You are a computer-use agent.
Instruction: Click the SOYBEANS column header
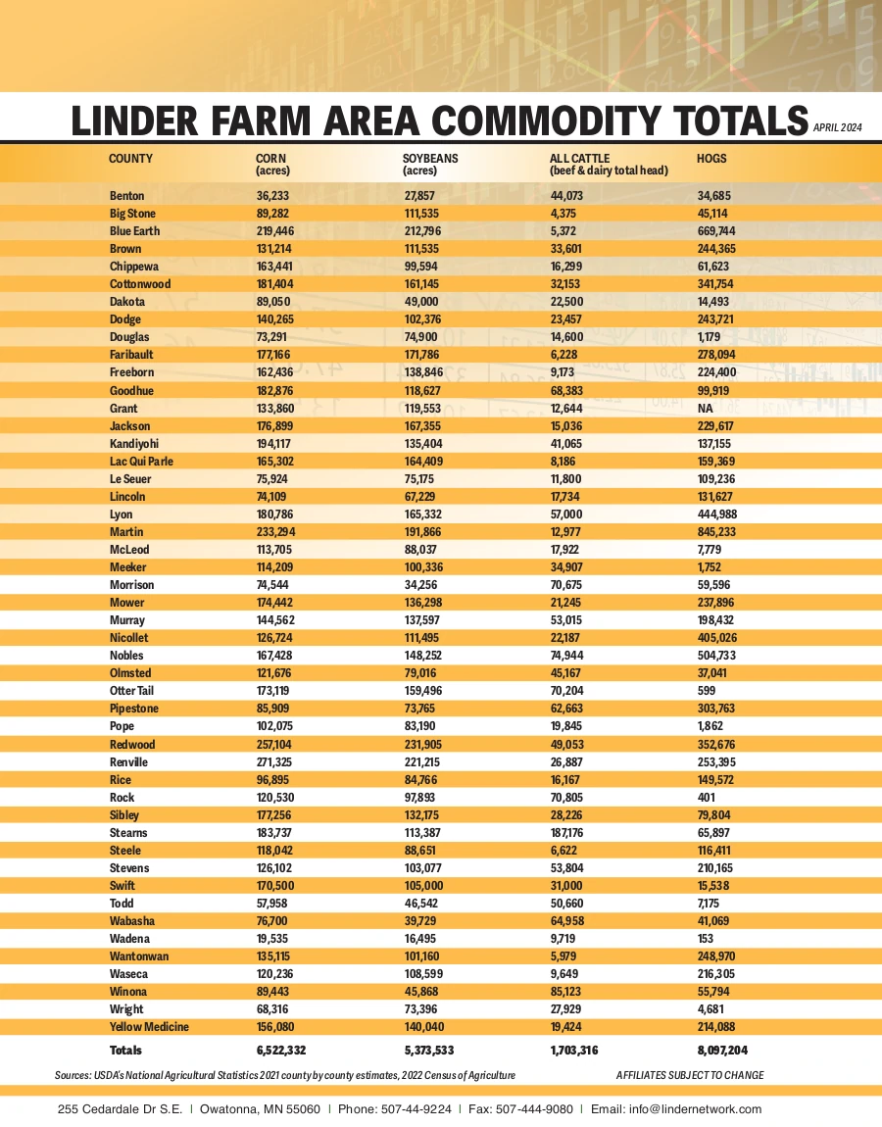(430, 158)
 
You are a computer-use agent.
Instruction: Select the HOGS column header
(711, 158)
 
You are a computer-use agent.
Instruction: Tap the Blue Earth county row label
(134, 231)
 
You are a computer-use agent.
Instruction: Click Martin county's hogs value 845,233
(719, 532)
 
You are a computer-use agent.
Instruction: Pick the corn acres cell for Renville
(276, 762)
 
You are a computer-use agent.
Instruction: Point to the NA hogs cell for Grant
(706, 409)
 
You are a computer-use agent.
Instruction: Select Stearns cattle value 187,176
(573, 833)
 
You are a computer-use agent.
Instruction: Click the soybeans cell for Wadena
(422, 939)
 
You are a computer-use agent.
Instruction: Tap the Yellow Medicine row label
(149, 1027)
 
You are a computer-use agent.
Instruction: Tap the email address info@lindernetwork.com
(697, 1109)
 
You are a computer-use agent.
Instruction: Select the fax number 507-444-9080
(535, 1109)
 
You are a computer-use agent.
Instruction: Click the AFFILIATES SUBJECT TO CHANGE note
(690, 1075)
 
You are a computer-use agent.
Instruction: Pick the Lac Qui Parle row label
(141, 462)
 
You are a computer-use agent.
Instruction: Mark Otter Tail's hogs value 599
(709, 691)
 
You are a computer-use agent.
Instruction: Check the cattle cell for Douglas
(568, 337)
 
